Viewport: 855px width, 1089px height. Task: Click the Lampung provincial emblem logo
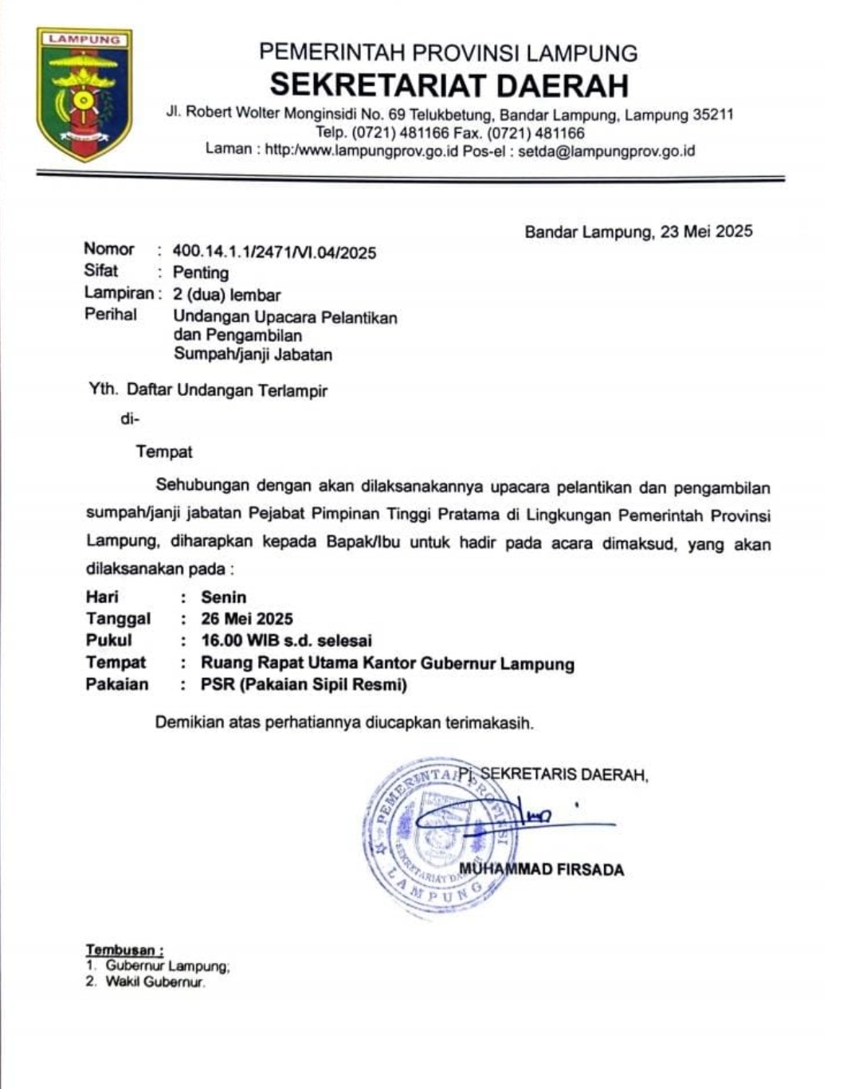click(x=84, y=94)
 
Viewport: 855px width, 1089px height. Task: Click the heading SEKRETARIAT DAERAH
click(x=449, y=85)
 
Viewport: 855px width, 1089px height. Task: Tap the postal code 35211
click(x=712, y=115)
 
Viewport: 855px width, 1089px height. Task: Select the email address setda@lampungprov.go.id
click(x=606, y=151)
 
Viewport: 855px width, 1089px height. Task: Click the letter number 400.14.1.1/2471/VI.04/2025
click(x=274, y=253)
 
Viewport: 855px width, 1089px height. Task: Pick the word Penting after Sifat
click(x=201, y=273)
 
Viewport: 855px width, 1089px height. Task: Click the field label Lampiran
click(x=119, y=293)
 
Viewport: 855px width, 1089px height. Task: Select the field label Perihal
click(x=111, y=315)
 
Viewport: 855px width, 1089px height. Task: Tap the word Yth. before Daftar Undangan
click(x=104, y=390)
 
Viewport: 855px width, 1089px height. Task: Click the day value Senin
click(x=224, y=597)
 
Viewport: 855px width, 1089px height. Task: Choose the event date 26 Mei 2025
click(x=247, y=619)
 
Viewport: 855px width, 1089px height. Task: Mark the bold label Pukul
click(x=109, y=640)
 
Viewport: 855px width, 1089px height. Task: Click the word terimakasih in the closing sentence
click(x=492, y=723)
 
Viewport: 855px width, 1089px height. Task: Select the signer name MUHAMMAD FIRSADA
click(x=542, y=869)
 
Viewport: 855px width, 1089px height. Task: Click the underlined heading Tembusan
click(x=124, y=950)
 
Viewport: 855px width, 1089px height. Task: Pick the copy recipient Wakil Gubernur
click(x=155, y=982)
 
